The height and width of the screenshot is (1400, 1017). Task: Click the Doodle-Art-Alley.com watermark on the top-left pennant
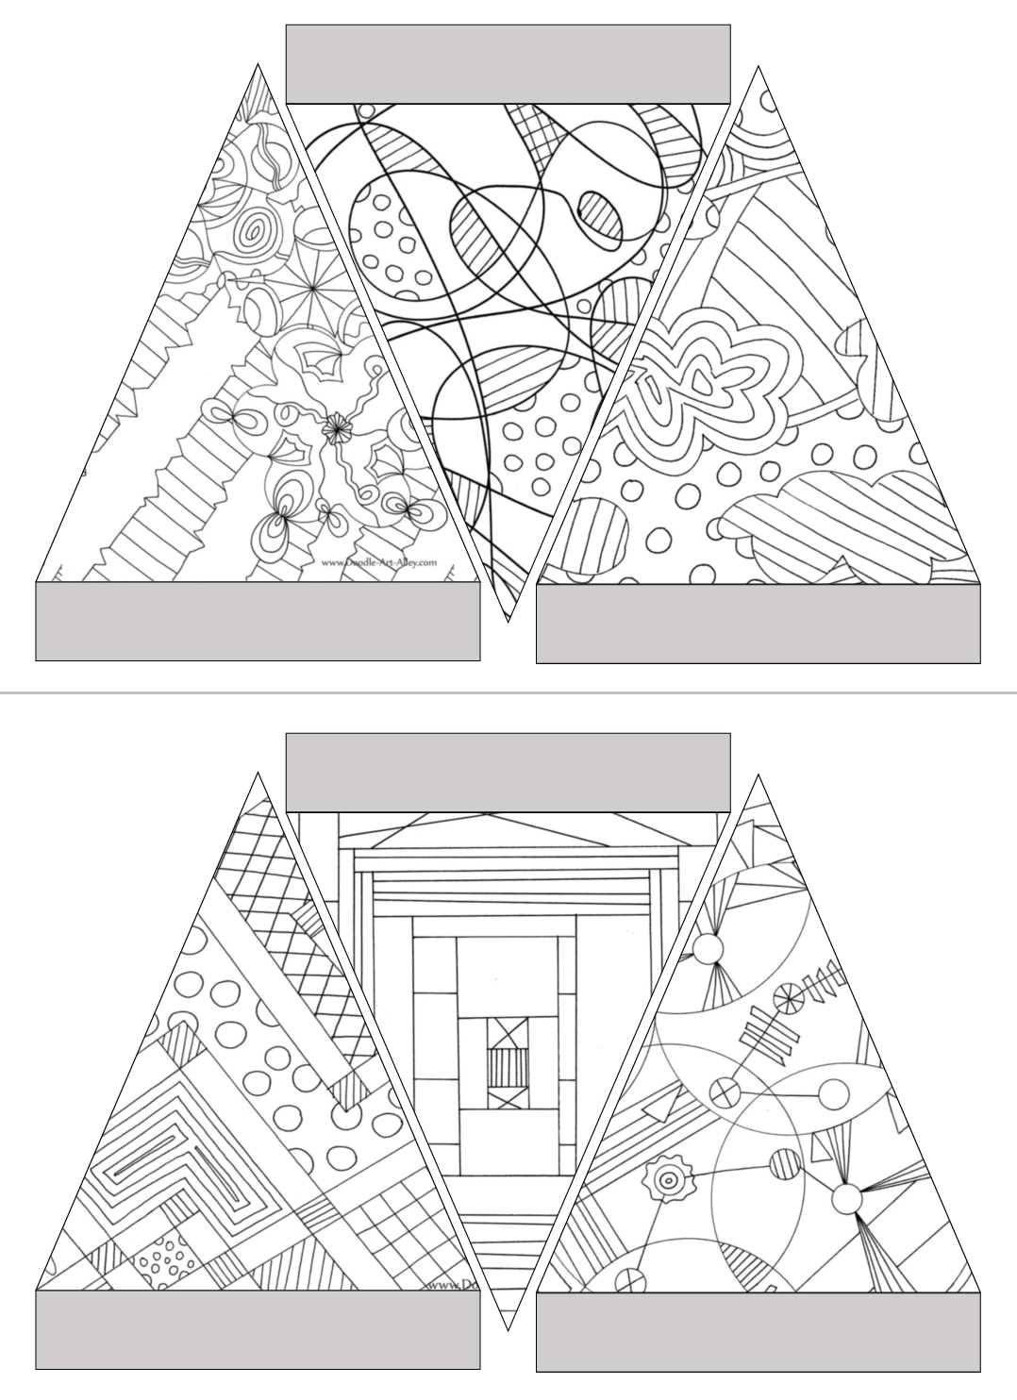pos(379,562)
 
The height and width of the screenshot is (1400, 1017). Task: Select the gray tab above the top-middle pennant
pos(508,64)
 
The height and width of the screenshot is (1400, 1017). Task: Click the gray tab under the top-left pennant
pos(258,621)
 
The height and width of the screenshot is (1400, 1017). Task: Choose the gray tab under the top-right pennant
pos(758,624)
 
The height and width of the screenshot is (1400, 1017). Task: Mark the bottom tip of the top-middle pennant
pos(508,618)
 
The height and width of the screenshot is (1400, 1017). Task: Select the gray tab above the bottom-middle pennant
pos(508,773)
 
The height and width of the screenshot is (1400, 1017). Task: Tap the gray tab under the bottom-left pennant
pos(258,1329)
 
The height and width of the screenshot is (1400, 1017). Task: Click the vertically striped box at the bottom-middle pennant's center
pos(503,1069)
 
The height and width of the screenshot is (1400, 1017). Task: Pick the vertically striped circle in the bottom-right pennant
pos(783,1164)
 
